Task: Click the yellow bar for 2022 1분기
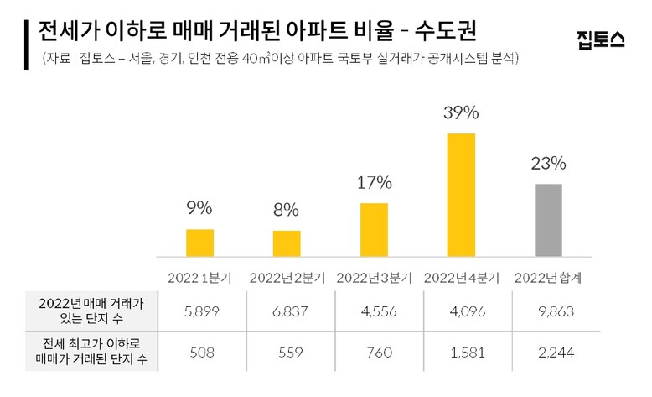[x=199, y=243]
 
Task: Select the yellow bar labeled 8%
[x=287, y=243]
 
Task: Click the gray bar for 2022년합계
[x=549, y=220]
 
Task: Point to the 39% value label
[x=461, y=113]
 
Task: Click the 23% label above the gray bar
[x=549, y=163]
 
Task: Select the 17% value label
[x=374, y=182]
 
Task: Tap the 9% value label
[x=199, y=208]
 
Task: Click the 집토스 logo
[x=601, y=40]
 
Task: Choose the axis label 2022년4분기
[x=461, y=276]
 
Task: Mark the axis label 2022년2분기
[x=287, y=276]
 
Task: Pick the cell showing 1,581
[x=461, y=353]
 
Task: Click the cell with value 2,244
[x=549, y=353]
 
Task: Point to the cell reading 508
[x=199, y=353]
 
